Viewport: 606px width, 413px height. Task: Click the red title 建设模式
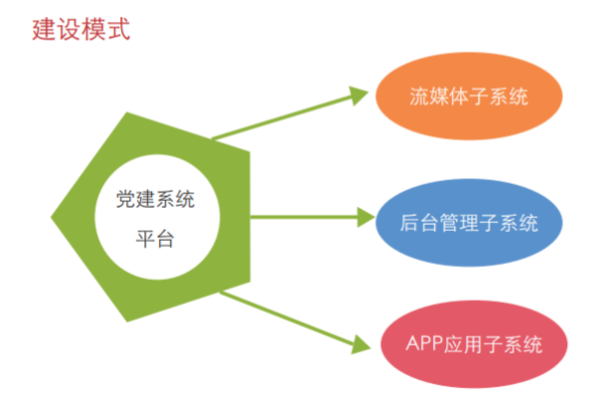click(81, 30)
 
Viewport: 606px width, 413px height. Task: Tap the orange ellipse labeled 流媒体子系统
click(469, 96)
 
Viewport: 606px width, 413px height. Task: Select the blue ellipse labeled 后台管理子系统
click(469, 223)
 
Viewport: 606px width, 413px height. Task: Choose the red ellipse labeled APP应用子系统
click(474, 344)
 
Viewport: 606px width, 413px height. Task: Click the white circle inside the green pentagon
click(157, 217)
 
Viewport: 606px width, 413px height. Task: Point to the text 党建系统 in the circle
click(155, 199)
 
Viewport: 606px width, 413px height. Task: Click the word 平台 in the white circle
click(155, 239)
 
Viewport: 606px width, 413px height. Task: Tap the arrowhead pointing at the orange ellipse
click(358, 95)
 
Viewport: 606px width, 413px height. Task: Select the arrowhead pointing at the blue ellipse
click(366, 217)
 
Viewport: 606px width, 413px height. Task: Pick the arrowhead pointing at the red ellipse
click(361, 345)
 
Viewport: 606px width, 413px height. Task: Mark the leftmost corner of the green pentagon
click(51, 217)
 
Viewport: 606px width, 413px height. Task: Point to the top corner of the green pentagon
click(127, 112)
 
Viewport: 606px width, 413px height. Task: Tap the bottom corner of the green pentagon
click(127, 322)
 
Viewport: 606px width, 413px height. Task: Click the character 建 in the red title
click(44, 30)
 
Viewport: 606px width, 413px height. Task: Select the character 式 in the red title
click(118, 30)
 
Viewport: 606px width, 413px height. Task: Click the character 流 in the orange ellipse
click(419, 97)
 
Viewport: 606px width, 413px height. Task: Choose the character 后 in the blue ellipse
click(409, 223)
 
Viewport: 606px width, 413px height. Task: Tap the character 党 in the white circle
click(125, 199)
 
